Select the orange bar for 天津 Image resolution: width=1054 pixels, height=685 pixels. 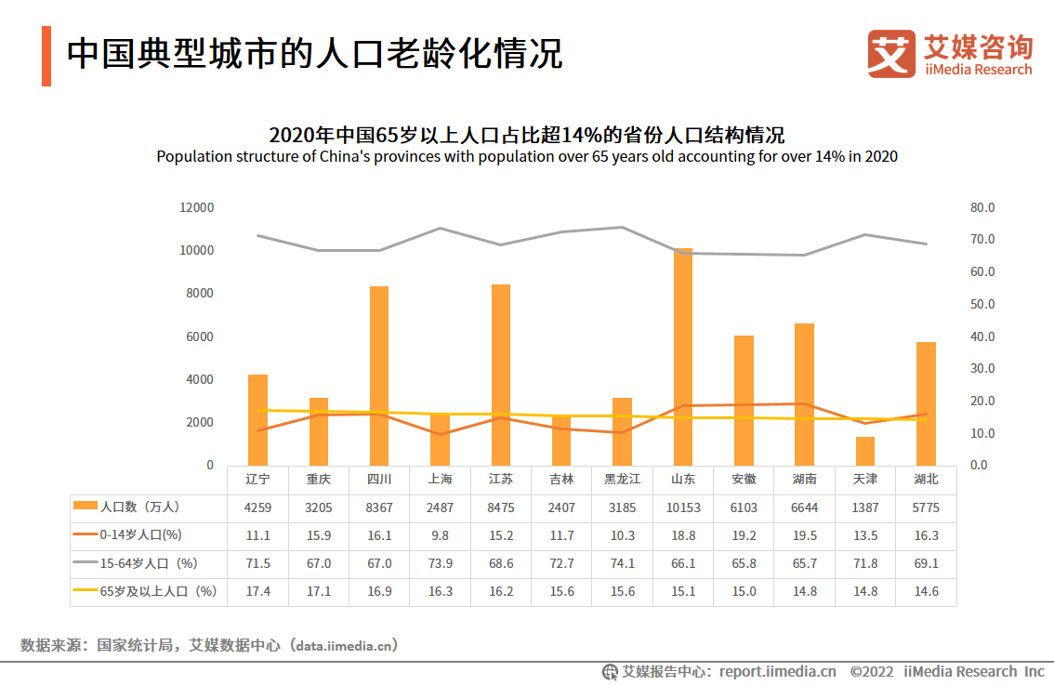[865, 451]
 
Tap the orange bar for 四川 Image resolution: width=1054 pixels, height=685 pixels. [379, 375]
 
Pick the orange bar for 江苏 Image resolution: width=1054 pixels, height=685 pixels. [501, 375]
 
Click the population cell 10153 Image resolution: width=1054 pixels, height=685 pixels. [683, 508]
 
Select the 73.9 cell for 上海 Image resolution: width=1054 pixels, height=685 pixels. [441, 563]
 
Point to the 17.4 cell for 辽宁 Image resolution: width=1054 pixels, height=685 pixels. [258, 591]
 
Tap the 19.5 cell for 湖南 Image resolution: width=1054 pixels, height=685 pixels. [805, 535]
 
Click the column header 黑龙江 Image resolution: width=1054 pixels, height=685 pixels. [623, 480]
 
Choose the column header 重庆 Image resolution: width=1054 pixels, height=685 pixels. [319, 480]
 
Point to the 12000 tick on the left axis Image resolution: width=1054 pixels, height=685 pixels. [197, 207]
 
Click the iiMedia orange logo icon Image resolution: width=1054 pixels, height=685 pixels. [891, 54]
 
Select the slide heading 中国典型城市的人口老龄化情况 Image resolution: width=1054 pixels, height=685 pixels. [315, 53]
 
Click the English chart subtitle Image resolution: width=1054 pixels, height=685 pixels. [527, 156]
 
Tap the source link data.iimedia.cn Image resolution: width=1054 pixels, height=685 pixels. [348, 645]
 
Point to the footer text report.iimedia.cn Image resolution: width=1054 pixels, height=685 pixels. [778, 671]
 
